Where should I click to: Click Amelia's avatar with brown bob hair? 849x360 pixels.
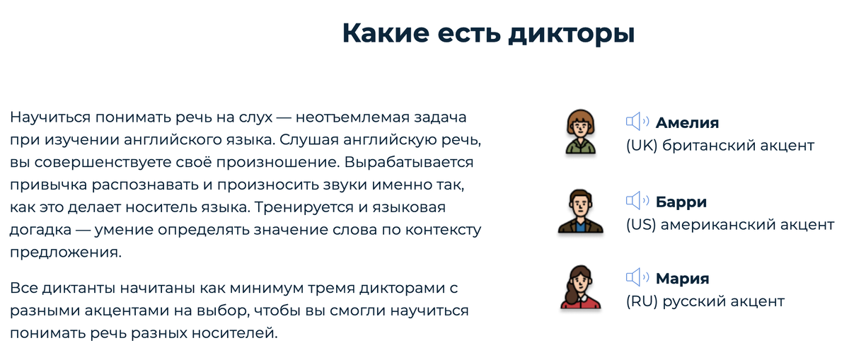pos(579,132)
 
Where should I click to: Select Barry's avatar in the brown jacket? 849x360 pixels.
pos(579,211)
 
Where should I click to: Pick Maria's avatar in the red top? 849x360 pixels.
pos(579,287)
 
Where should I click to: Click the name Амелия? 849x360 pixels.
pos(687,122)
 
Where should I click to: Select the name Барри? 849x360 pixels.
pos(681,202)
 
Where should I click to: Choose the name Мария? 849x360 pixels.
pos(682,278)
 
